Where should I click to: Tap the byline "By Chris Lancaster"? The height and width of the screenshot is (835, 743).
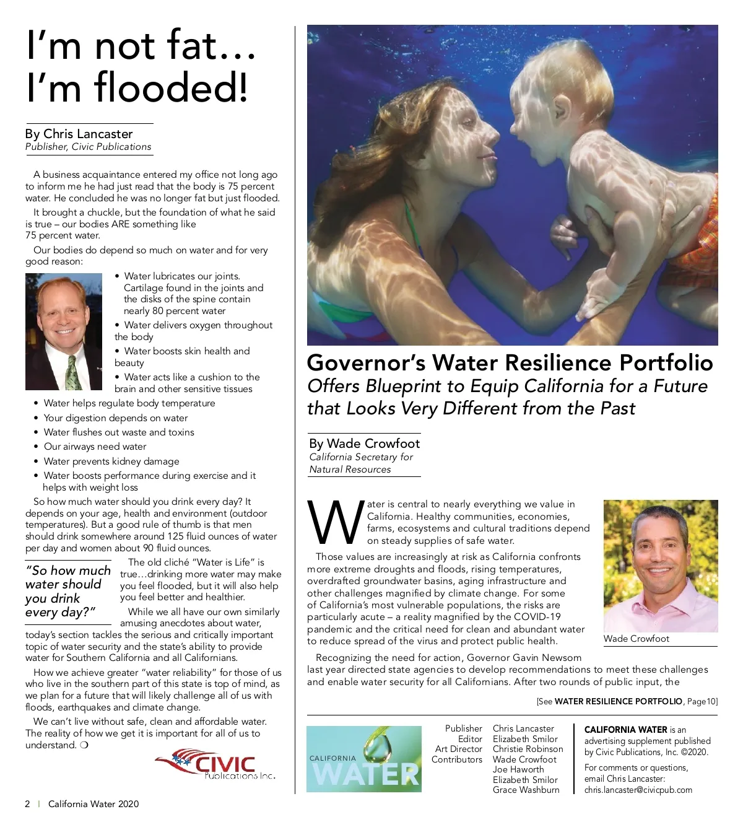(79, 134)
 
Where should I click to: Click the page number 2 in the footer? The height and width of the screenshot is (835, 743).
(27, 804)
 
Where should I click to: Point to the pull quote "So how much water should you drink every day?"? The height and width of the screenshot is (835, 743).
(67, 591)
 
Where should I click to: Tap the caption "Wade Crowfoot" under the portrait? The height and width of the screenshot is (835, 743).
(636, 639)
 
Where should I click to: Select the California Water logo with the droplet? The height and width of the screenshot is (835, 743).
(364, 759)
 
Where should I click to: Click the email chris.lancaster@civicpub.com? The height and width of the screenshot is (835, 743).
(638, 790)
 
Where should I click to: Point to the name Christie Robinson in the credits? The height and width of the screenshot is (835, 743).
(528, 749)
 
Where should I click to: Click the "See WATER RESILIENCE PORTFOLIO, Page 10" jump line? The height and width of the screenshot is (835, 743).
(627, 701)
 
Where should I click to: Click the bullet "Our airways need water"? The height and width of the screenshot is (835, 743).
(95, 447)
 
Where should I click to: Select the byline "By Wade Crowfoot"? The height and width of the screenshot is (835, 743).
(364, 444)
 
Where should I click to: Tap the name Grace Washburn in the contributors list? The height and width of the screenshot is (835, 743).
(526, 790)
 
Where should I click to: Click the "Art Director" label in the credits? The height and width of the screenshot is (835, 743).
(458, 749)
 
